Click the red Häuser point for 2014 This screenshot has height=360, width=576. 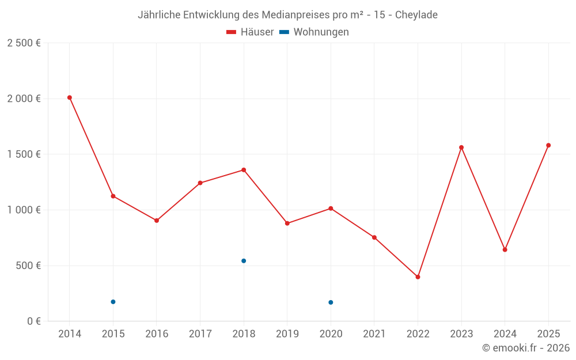click(x=70, y=97)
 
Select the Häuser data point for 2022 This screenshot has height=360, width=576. click(x=418, y=277)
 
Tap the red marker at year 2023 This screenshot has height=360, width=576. click(x=461, y=147)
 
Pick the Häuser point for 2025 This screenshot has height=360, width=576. click(x=548, y=145)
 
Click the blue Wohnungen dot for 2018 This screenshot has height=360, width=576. click(x=244, y=261)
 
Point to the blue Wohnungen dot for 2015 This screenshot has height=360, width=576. click(x=113, y=302)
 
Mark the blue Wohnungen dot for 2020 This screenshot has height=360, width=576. click(x=331, y=302)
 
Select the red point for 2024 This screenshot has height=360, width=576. click(x=505, y=250)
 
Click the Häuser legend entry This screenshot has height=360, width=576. click(x=250, y=32)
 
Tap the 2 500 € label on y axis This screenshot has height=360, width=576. click(x=24, y=43)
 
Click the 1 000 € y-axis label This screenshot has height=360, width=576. click(x=24, y=210)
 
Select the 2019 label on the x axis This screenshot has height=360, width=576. click(x=287, y=334)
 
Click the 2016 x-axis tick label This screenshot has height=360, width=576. click(x=157, y=334)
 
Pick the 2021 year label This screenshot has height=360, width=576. click(x=374, y=334)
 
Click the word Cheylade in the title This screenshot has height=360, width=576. click(x=416, y=15)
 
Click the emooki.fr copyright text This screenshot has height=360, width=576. click(x=525, y=348)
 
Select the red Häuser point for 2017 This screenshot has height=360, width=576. click(x=200, y=183)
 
